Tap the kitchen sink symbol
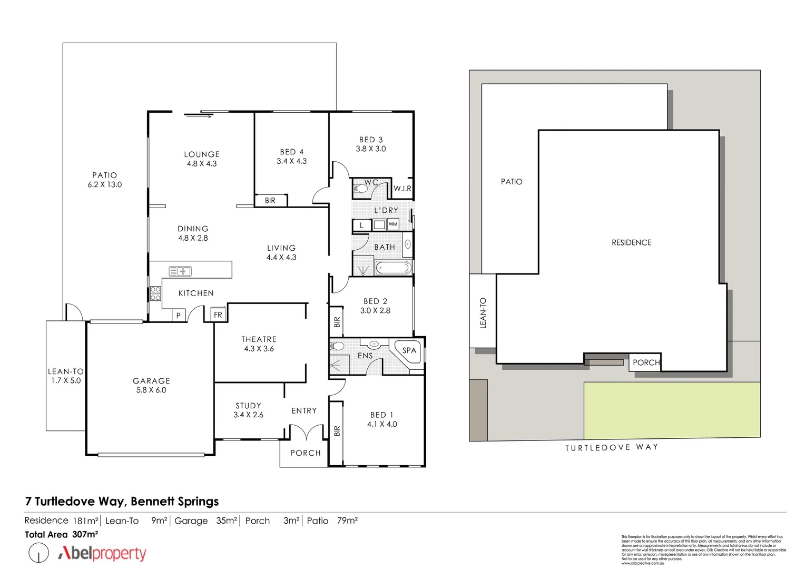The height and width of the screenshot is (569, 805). tap(180, 271)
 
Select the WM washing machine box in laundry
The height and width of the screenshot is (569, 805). tap(392, 224)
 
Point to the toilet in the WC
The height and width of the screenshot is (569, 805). tap(361, 188)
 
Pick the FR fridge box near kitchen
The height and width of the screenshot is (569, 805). tap(218, 315)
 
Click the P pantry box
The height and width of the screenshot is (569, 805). tap(179, 315)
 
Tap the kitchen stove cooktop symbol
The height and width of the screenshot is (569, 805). tap(155, 293)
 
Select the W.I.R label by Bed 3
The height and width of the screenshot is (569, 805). tap(402, 189)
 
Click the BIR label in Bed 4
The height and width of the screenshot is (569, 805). tap(270, 201)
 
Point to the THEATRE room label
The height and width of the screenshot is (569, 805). tap(259, 339)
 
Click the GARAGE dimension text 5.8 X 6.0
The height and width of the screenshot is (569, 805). tap(151, 390)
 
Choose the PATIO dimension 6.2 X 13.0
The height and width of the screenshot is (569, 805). tap(104, 184)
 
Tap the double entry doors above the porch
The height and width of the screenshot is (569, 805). tap(305, 433)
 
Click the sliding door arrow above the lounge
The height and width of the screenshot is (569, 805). tap(198, 116)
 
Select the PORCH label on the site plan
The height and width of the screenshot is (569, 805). tap(646, 362)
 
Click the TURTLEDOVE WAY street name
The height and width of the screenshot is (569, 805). tap(611, 447)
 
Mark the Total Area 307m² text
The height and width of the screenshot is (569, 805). tap(62, 534)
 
